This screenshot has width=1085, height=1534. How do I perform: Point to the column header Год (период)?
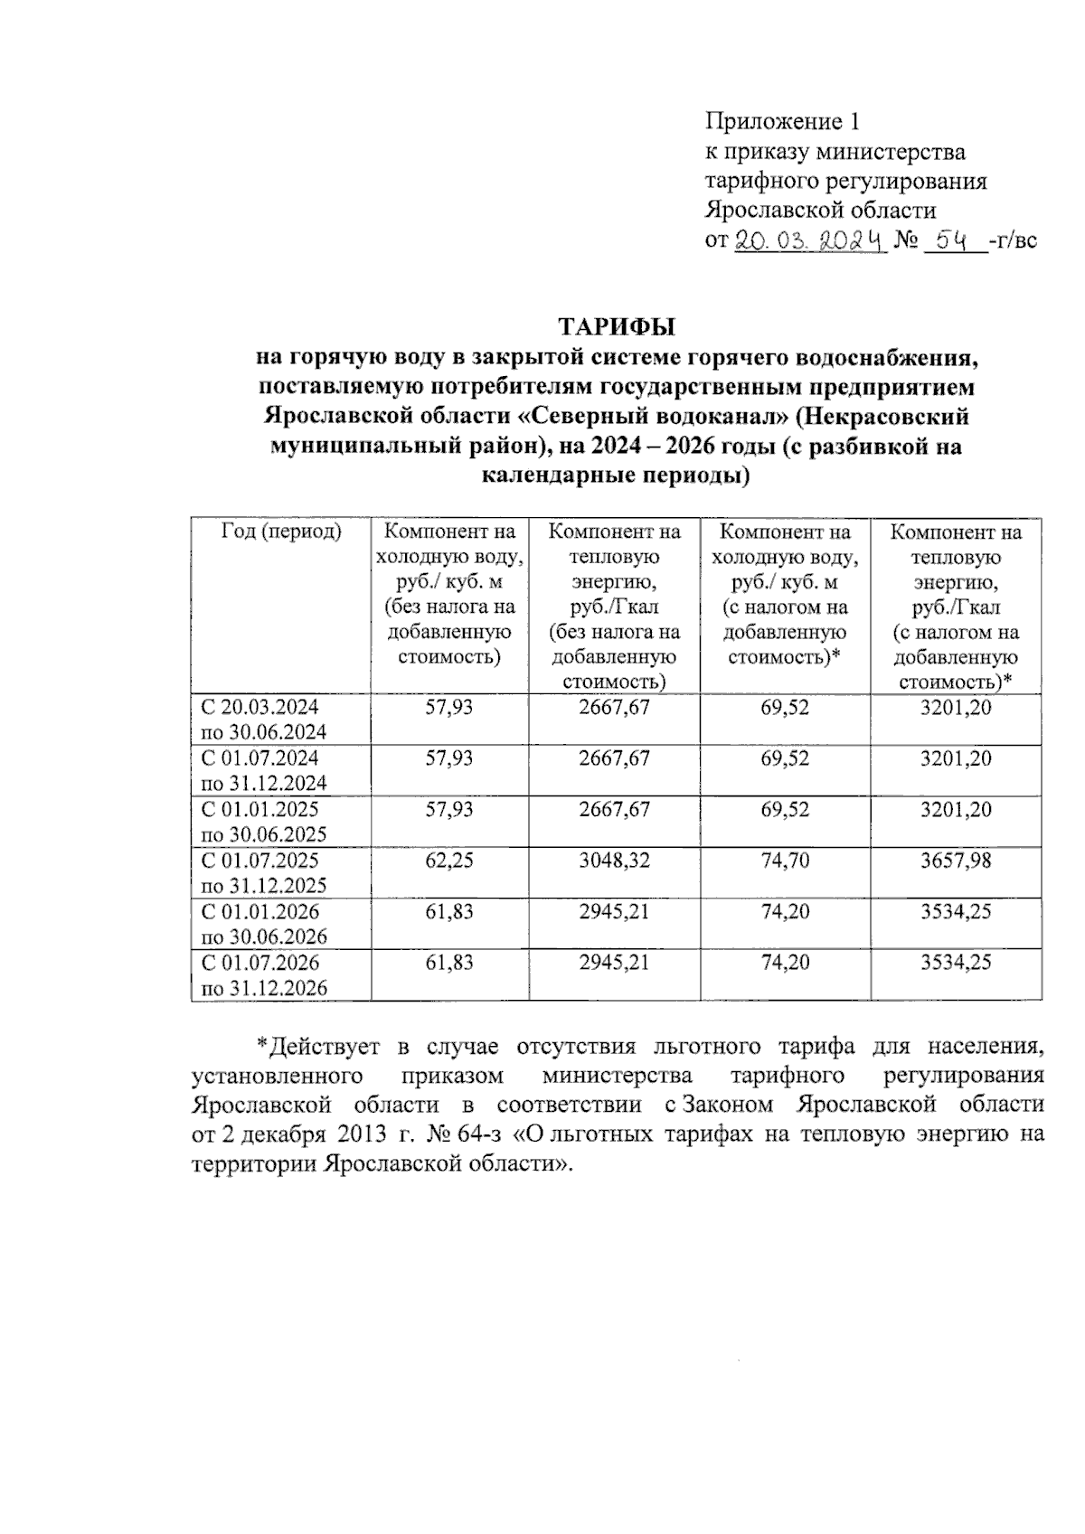coord(281,532)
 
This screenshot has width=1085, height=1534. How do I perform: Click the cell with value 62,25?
coord(449,861)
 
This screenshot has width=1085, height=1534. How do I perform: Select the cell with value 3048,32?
coord(614,861)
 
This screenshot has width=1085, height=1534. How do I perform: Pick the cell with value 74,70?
coord(785,861)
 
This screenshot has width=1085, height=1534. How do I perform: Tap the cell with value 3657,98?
coord(956,861)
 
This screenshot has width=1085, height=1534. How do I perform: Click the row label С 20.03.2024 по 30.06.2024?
coord(262,720)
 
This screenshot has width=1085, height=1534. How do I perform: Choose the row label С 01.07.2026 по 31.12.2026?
coord(262,975)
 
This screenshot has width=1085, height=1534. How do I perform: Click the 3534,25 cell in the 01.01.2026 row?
coord(956,911)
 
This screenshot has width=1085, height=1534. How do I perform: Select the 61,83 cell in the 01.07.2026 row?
coord(449,963)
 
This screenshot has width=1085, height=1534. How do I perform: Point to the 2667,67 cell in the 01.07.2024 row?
coord(614,758)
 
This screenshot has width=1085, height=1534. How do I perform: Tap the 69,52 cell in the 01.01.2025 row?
coord(785,809)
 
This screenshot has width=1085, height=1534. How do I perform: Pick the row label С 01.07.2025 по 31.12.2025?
coord(262,873)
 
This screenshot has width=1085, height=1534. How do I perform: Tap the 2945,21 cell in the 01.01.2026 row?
coord(614,911)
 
